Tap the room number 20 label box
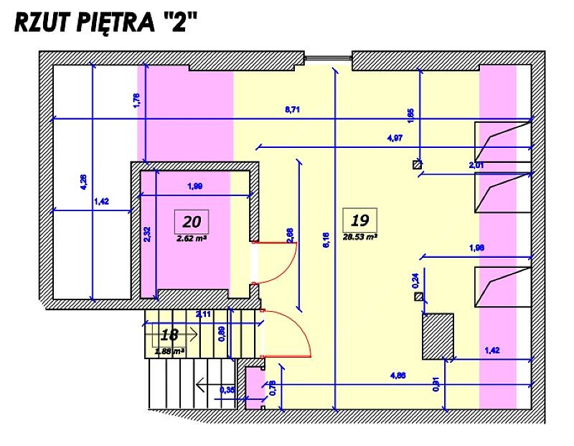click(x=192, y=220)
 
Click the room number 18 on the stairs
click(x=170, y=335)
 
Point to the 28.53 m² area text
click(x=360, y=236)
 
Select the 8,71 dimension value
click(x=293, y=109)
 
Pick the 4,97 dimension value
click(x=394, y=137)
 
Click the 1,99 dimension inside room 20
click(x=194, y=187)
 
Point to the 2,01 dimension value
click(x=476, y=165)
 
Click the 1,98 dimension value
click(x=476, y=248)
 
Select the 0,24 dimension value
click(x=415, y=281)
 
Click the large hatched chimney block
click(x=438, y=336)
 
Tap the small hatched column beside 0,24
click(x=418, y=296)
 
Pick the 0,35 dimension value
click(x=227, y=390)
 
